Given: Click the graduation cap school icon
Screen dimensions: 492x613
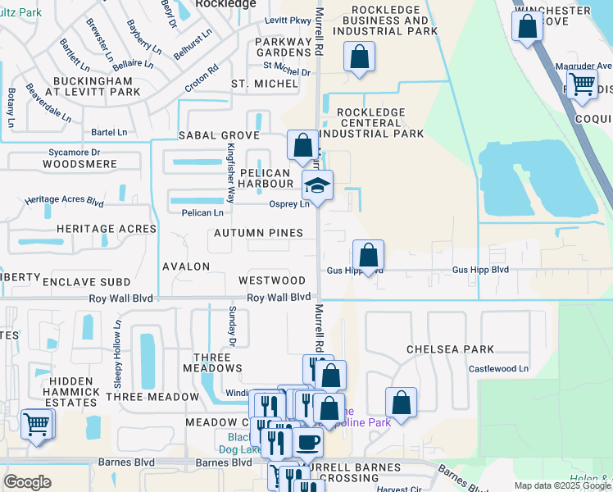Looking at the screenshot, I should coord(317,186).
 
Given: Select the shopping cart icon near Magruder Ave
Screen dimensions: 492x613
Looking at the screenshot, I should coord(582,84).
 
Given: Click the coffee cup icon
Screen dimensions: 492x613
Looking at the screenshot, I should coord(308,443).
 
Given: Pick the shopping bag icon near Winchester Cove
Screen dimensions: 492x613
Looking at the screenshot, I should coord(527,25).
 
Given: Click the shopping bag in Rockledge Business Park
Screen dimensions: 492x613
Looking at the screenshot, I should coord(358,57).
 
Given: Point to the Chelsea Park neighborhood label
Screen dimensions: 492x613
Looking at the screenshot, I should coord(450,349).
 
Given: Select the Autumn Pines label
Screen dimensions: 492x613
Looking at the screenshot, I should coord(258,234).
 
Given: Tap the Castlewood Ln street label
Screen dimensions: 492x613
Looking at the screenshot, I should coord(497,369).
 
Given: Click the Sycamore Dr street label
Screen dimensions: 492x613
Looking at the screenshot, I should coord(73,152).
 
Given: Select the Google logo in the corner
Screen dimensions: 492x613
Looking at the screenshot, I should coord(27,481).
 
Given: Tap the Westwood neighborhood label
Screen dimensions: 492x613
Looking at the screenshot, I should coord(271,280).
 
